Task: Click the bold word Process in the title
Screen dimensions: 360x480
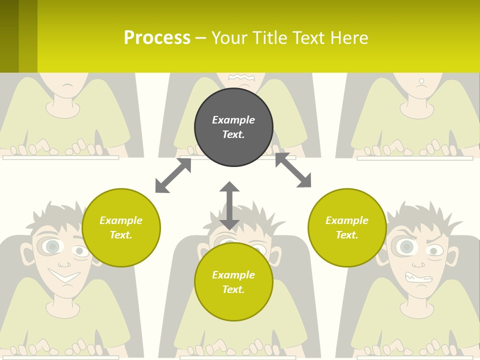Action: (157, 38)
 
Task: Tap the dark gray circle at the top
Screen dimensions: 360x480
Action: (233, 127)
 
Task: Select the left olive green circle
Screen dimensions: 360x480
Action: (121, 227)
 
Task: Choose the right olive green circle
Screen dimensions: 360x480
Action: (347, 227)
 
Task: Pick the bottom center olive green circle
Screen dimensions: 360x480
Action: (233, 282)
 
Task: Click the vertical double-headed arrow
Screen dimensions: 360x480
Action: (229, 205)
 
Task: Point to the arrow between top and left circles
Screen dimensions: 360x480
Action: (173, 175)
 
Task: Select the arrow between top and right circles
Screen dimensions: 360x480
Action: (293, 170)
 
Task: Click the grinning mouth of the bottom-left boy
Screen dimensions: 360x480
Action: (64, 275)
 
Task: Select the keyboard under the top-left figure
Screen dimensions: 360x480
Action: (60, 157)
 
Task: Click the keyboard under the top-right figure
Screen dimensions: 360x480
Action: (414, 158)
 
